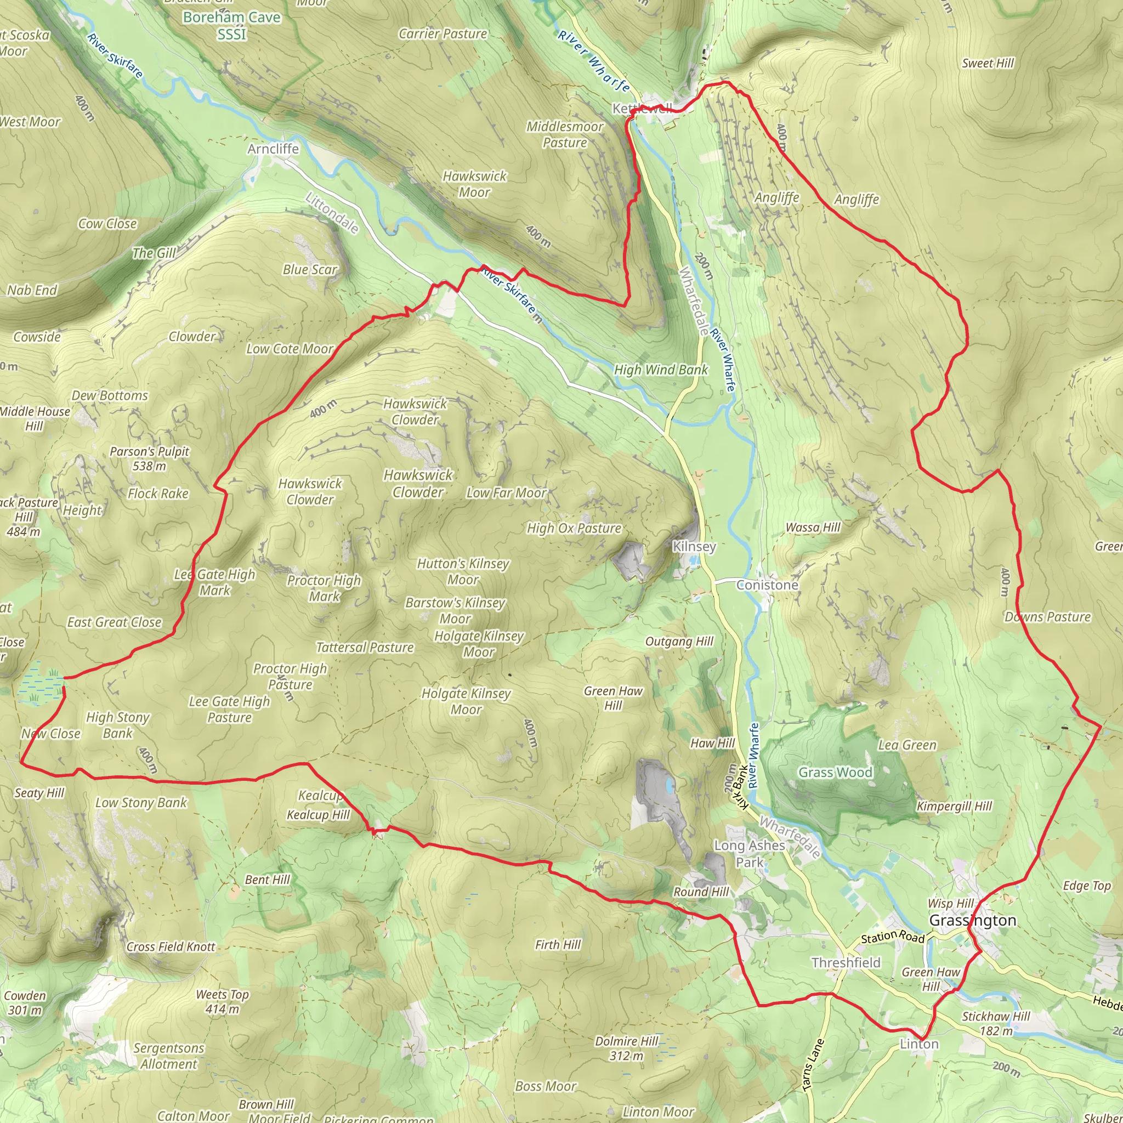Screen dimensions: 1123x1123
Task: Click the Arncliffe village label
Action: point(273,149)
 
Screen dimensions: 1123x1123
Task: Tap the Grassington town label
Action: point(972,920)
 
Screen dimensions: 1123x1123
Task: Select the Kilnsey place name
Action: point(694,546)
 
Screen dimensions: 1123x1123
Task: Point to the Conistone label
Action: point(767,585)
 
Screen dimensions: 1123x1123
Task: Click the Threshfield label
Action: point(846,962)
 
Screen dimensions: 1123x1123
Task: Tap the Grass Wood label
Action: point(835,773)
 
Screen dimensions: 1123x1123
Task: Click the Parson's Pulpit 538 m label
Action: point(149,458)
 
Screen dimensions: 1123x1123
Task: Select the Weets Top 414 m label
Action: point(222,1001)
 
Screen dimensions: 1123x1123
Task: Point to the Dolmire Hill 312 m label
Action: point(626,1048)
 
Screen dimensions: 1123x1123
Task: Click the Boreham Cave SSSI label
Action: point(231,26)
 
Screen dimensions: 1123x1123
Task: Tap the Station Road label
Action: point(892,937)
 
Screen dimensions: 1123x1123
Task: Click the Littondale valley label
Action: point(331,213)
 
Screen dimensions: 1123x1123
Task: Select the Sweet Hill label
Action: point(988,64)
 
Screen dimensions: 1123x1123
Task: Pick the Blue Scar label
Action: point(310,270)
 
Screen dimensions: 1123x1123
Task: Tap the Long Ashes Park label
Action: point(749,854)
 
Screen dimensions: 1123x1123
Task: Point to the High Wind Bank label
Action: point(661,370)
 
